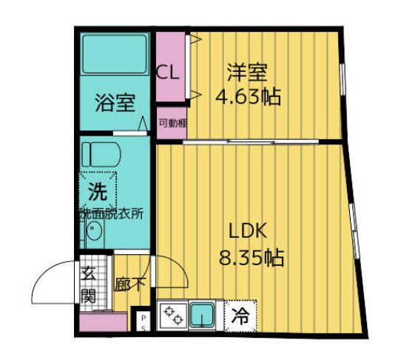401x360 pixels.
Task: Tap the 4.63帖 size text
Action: [247, 96]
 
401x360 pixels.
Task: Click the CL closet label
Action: [167, 73]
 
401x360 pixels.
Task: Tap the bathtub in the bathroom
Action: [115, 54]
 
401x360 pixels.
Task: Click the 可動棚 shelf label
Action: [172, 124]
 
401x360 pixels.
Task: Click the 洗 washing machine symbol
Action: [98, 190]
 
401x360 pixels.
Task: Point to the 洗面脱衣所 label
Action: [112, 213]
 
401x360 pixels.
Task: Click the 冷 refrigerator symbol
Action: [241, 315]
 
